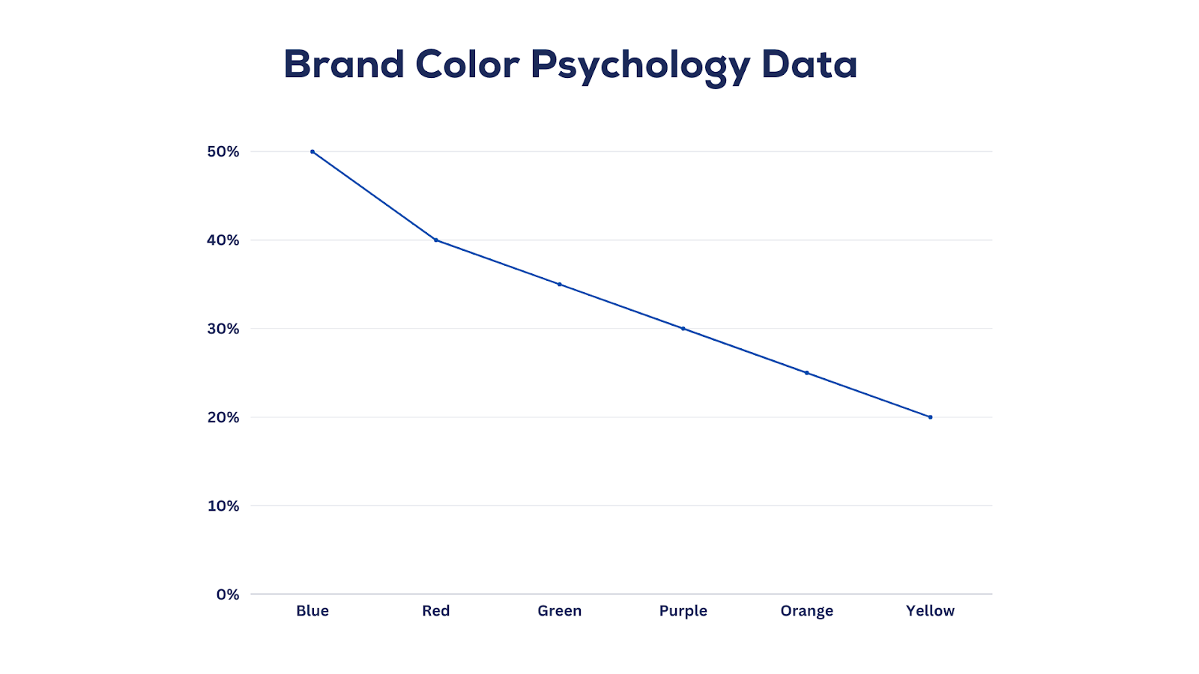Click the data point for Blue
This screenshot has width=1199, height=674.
click(312, 151)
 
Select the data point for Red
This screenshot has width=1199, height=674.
click(436, 240)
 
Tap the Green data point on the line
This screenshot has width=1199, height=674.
click(560, 285)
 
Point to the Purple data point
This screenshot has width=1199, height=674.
click(683, 329)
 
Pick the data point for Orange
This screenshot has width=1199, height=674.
click(807, 373)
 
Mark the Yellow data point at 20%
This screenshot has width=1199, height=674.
click(931, 417)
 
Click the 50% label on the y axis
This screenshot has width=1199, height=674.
click(223, 152)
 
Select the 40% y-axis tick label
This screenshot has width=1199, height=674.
click(223, 240)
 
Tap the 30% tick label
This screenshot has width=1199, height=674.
click(223, 329)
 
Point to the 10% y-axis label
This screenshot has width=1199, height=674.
click(223, 506)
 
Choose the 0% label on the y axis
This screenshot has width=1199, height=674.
click(228, 595)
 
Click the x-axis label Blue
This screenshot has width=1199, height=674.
click(312, 611)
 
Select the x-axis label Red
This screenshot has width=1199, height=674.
click(436, 611)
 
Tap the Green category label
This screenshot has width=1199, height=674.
click(560, 611)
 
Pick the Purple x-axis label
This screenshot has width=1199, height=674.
click(683, 611)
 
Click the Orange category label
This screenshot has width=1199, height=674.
click(807, 611)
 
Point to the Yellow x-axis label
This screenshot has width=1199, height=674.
click(931, 611)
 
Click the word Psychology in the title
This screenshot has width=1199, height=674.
click(640, 66)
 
